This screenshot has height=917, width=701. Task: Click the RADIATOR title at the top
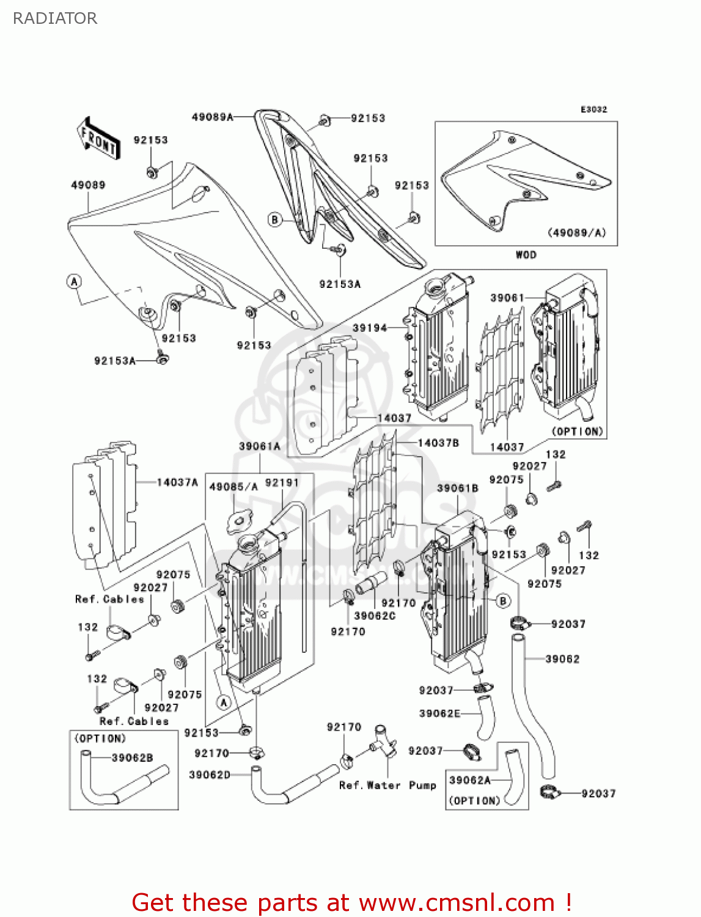point(55,18)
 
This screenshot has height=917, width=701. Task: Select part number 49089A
point(212,117)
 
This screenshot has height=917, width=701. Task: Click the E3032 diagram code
point(593,109)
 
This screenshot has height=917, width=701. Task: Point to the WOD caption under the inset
point(526,255)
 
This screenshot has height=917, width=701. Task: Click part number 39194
point(370,328)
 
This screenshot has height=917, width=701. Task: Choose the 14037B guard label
point(438,443)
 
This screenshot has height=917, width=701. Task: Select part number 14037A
point(177,482)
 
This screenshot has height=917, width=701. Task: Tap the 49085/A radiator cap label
point(233,487)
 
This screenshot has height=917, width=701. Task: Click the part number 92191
point(282,483)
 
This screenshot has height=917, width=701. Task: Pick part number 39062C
point(375,616)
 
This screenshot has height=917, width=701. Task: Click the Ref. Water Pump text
point(387,785)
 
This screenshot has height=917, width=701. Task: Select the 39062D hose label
point(210,775)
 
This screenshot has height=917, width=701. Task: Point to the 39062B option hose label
point(132,758)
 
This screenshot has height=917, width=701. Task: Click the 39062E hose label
point(439,713)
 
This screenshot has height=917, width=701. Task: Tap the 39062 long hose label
point(562,659)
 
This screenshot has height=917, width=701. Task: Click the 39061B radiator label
point(457,488)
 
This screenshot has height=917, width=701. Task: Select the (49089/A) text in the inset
point(576,232)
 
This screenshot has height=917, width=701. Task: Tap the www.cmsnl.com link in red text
point(456,902)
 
